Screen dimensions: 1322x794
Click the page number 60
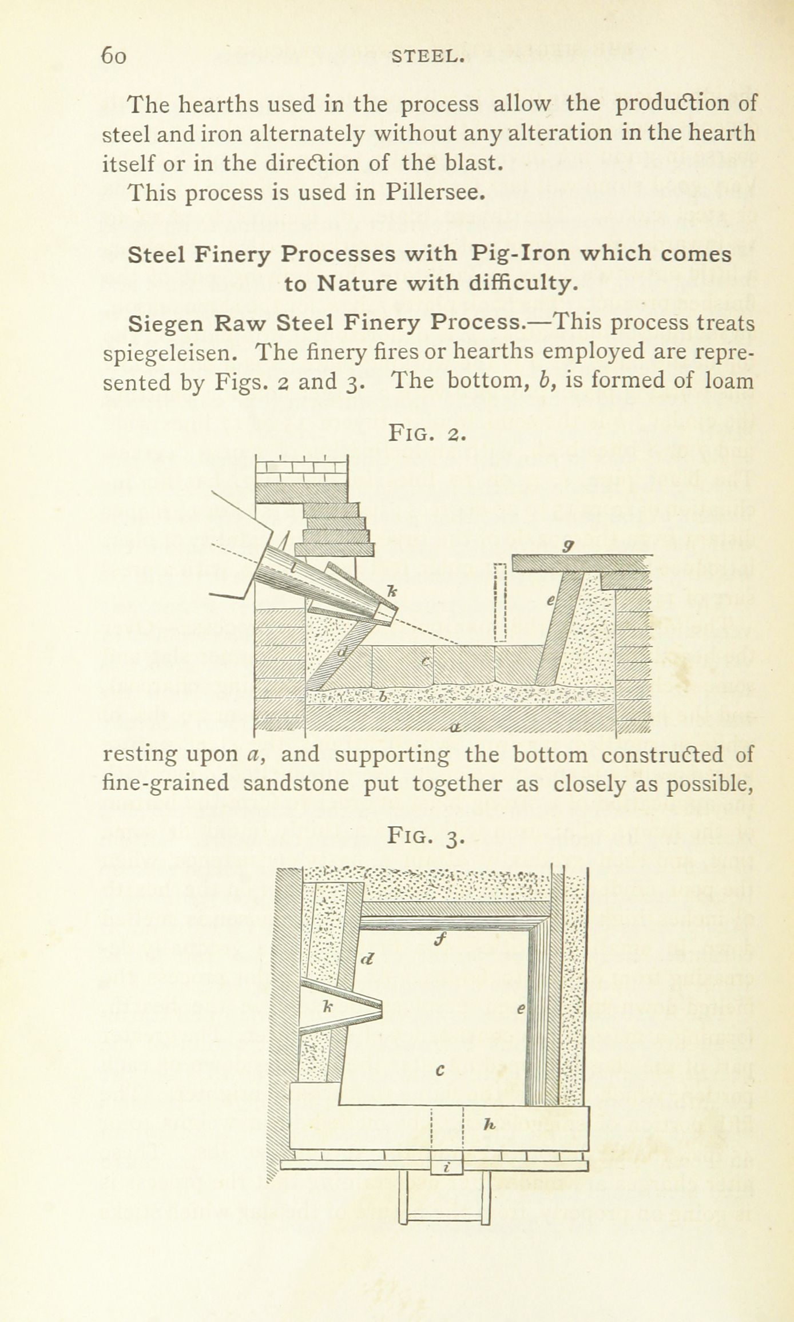click(113, 56)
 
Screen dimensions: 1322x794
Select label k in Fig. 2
click(392, 591)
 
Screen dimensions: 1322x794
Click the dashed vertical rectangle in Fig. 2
click(500, 602)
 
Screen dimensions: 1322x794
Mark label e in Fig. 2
click(550, 601)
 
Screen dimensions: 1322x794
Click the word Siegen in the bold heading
click(165, 324)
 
